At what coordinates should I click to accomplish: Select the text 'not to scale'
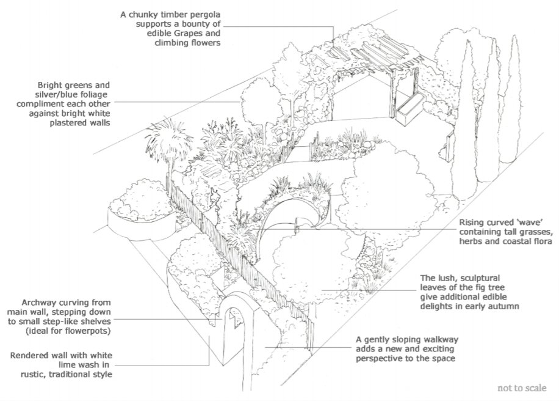[x=522, y=387]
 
